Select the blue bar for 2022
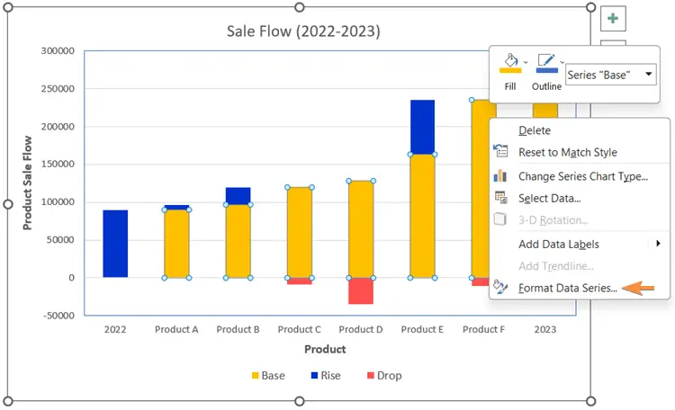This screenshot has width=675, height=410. [115, 244]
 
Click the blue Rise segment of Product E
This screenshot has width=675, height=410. [422, 127]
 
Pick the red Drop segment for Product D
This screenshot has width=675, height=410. [361, 290]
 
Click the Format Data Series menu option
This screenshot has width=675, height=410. [568, 288]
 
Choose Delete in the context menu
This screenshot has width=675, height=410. [535, 130]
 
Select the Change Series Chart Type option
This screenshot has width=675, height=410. [582, 176]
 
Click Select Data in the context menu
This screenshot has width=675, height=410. [549, 198]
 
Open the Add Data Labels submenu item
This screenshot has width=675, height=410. [559, 244]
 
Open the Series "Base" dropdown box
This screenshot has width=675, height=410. [611, 75]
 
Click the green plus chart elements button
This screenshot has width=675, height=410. [613, 18]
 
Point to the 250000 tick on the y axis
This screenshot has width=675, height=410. [58, 89]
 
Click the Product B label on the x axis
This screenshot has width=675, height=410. [238, 329]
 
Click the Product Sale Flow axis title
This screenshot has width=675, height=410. [28, 183]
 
